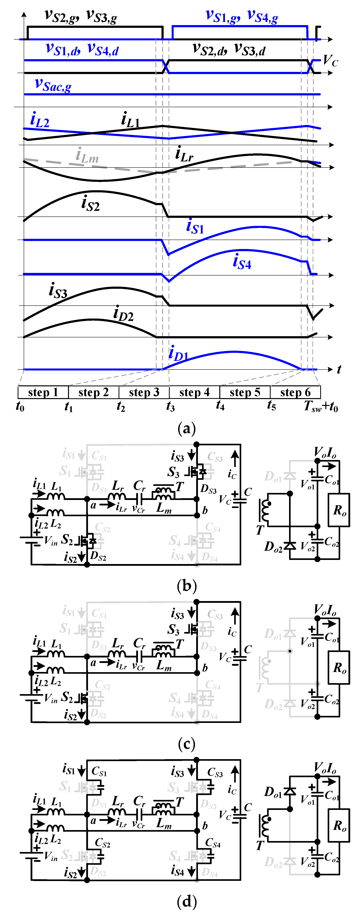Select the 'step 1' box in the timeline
pos(43,392)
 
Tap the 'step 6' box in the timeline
pos(295,392)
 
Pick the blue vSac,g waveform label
pos(53,85)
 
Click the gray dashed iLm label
pos(87,156)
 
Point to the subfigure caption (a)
pos(186,428)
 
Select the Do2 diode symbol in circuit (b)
pos(290,545)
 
